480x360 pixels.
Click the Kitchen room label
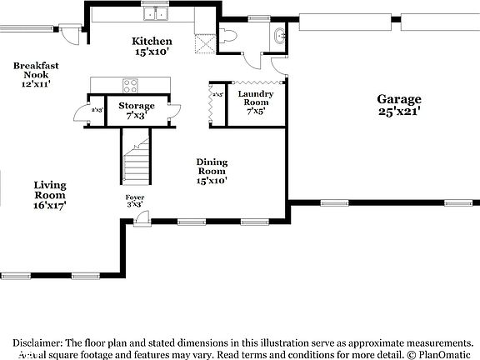[152, 41]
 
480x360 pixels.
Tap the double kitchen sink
[155, 13]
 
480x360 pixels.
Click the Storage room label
[136, 106]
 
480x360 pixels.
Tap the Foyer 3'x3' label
[135, 200]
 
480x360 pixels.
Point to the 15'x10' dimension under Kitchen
[152, 52]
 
